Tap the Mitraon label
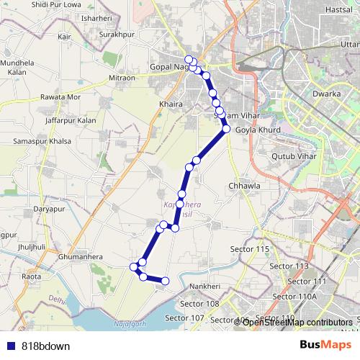[122, 77]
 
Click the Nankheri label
[204, 286]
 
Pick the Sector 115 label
[250, 248]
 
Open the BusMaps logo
[321, 344]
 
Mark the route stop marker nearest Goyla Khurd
[226, 130]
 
